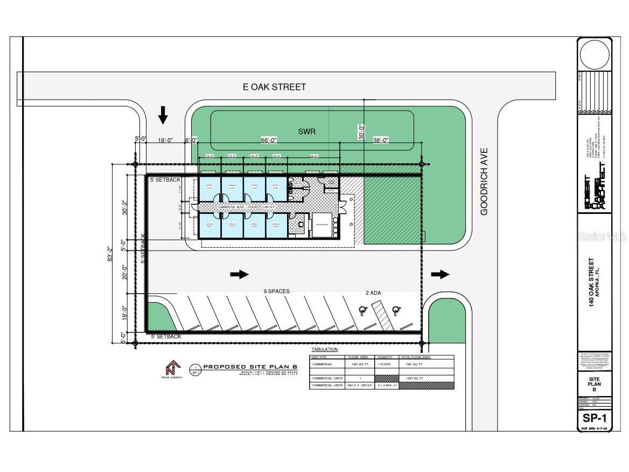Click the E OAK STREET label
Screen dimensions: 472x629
[x=274, y=87]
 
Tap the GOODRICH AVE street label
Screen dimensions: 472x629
[x=484, y=182]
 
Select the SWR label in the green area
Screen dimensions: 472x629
[x=306, y=131]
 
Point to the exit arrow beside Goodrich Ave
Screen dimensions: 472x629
[x=440, y=274]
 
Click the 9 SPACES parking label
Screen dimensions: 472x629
[x=276, y=291]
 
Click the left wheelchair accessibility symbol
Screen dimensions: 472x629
[x=364, y=310]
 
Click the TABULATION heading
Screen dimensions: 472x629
[x=324, y=350]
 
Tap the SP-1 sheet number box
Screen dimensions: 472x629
[x=594, y=418]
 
